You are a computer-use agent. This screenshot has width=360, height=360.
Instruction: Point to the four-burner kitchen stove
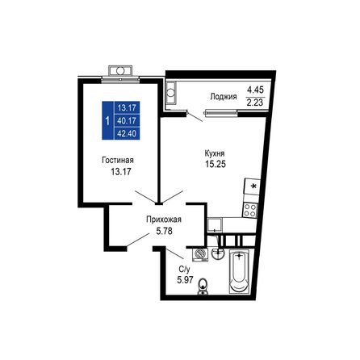pos(250,208)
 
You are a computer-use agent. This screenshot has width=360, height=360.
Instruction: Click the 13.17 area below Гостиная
pos(118,171)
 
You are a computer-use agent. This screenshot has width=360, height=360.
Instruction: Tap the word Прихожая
pos(163,219)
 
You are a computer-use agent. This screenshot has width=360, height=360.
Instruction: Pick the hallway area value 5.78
pos(164,231)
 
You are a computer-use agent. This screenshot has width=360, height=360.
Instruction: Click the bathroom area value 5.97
pos(185,280)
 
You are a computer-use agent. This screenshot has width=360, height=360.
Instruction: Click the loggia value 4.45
pos(256,89)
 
